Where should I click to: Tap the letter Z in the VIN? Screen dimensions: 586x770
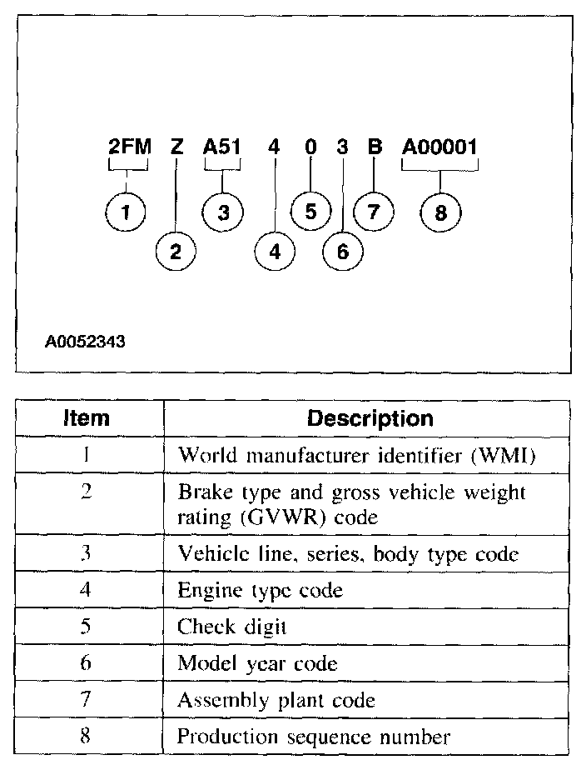coord(176,147)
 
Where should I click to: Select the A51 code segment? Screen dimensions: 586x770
coord(222,147)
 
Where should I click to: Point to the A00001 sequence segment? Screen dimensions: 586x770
coord(440,147)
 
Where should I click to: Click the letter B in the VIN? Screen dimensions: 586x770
coord(375,147)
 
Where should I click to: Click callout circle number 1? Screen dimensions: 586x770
coord(126,212)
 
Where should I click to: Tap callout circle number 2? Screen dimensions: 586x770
coord(176,252)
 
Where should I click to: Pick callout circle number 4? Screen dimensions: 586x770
coord(275,252)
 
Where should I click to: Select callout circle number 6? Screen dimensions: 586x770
coord(342,252)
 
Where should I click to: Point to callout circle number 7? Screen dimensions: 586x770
coord(374,212)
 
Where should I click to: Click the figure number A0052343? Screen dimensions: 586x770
coord(86,341)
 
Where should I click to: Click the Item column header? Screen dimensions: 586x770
coord(87,417)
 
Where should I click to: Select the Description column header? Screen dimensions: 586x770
coord(370,417)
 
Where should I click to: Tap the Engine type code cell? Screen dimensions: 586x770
coord(260,591)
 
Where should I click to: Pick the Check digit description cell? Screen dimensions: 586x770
coord(231,627)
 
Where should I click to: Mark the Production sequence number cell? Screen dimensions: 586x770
coord(314,737)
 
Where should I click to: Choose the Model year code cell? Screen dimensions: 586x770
coord(259,664)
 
